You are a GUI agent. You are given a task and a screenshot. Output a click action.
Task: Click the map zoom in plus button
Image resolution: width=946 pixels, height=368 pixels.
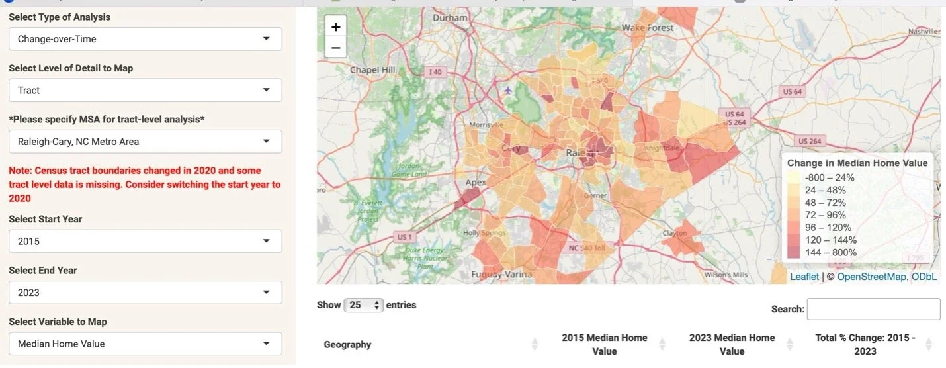(x=335, y=27)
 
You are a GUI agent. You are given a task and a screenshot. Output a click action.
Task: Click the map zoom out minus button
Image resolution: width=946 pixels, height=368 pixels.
(x=335, y=48)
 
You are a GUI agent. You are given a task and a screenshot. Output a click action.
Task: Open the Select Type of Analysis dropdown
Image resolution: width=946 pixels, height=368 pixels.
(x=145, y=39)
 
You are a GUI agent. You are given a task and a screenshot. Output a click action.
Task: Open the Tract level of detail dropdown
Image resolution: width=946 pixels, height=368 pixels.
(x=145, y=90)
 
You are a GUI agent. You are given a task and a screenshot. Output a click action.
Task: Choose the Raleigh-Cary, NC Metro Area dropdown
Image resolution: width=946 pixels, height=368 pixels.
(x=145, y=141)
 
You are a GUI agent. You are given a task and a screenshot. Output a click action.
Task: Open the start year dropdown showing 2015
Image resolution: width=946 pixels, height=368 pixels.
(x=145, y=241)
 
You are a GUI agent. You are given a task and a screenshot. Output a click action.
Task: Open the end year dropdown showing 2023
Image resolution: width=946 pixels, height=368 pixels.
(x=145, y=292)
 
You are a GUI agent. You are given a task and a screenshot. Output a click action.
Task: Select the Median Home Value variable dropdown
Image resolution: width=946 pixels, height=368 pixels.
(x=145, y=344)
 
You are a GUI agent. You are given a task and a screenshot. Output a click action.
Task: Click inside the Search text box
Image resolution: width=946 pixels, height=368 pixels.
(x=873, y=309)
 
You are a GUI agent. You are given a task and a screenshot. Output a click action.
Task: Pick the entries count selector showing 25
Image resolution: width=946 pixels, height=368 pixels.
(x=365, y=305)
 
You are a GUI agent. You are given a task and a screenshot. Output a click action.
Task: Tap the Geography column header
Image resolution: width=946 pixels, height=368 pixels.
(x=347, y=344)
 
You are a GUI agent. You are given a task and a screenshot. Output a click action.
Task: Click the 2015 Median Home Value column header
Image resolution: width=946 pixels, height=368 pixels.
(x=604, y=344)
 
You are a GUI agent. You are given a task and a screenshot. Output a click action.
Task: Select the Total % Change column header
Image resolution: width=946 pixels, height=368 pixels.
(x=865, y=344)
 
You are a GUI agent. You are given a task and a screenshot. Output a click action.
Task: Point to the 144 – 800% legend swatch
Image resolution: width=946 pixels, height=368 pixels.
(x=794, y=252)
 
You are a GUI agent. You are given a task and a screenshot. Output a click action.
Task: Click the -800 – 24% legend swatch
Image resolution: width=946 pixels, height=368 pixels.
(x=794, y=177)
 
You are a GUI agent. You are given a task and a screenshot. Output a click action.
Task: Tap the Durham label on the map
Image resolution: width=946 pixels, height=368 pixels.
(x=450, y=18)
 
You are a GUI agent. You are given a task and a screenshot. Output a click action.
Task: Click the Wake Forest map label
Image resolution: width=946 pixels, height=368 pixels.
(x=648, y=28)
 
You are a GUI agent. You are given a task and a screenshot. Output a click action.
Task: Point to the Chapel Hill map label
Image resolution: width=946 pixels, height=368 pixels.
(x=372, y=69)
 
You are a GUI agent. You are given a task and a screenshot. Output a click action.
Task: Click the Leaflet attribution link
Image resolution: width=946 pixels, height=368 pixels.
(x=804, y=277)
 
